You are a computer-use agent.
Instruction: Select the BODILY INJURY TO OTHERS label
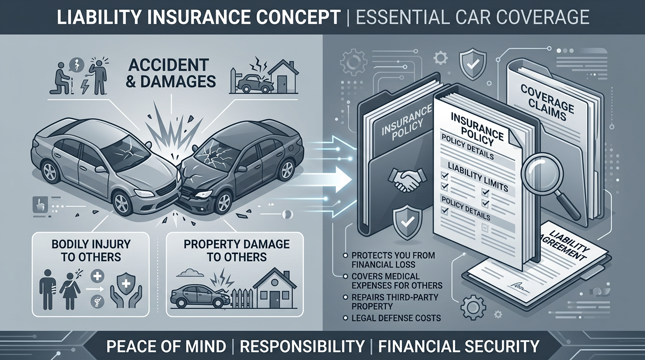91,250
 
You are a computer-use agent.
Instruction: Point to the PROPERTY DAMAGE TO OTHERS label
236,250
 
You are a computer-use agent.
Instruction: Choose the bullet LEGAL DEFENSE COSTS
397,318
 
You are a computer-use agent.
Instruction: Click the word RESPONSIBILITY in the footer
302,346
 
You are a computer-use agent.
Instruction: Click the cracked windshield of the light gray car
120,153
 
